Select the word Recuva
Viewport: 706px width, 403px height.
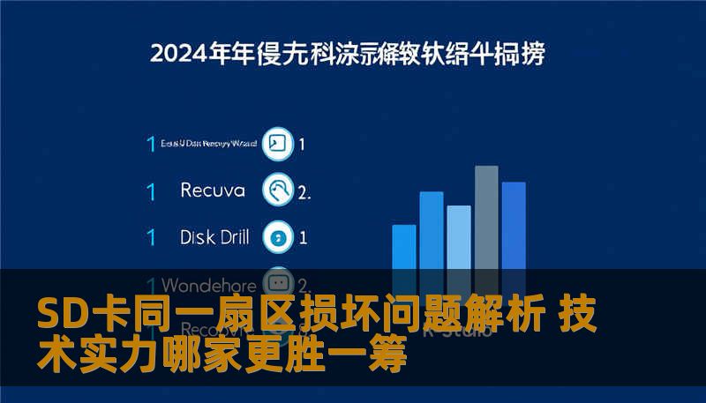(x=212, y=190)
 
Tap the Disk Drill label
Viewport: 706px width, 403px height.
(x=214, y=236)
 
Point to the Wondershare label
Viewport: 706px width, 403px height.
(x=209, y=286)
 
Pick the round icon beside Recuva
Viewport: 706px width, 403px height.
(x=279, y=190)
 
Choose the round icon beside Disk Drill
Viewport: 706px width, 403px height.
(x=279, y=236)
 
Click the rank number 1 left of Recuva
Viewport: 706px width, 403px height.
(x=151, y=190)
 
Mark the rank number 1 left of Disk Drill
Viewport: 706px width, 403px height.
(x=151, y=237)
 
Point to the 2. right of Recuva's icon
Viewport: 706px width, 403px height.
(x=304, y=191)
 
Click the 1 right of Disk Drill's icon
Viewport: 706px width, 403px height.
(x=303, y=237)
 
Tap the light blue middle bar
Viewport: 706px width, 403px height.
(x=459, y=237)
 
